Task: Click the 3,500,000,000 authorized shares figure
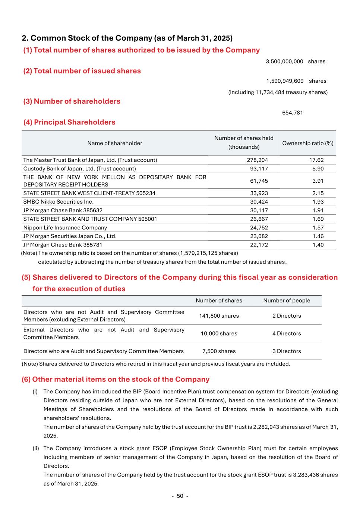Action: pos(284,62)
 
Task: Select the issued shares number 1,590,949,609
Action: pos(285,81)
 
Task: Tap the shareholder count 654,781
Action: pos(293,113)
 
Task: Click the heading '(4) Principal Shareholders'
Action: pos(69,122)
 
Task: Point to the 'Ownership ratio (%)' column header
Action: pos(308,143)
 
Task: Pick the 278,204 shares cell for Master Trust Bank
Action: pos(258,160)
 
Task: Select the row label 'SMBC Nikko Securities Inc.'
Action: pos(59,202)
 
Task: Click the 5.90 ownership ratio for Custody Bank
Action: pos(318,169)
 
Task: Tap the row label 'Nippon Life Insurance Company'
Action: pos(65,227)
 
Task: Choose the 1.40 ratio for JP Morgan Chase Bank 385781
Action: pos(318,245)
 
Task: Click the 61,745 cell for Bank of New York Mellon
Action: pos(259,181)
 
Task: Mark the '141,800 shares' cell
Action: pos(219,316)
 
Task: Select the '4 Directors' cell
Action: pos(287,333)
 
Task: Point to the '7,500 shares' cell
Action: pos(219,351)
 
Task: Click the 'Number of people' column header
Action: pos(287,301)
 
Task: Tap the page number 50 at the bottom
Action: pos(180,496)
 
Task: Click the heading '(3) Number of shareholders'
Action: pos(72,101)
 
